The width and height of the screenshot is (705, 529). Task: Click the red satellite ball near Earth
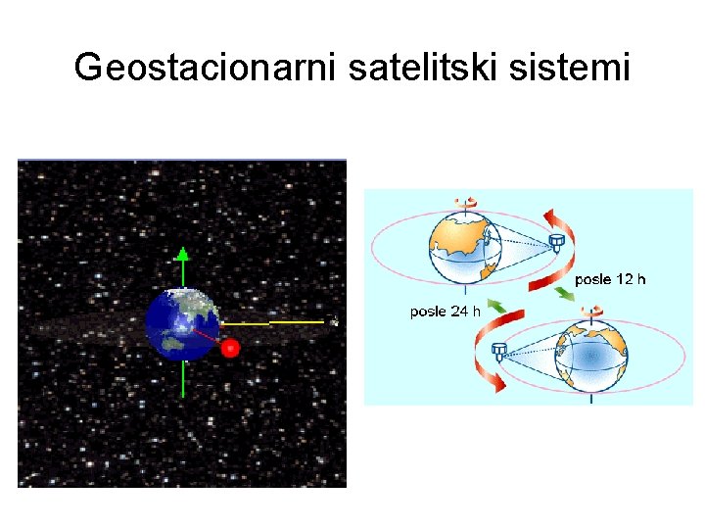(230, 348)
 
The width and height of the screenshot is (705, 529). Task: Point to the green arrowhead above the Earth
(182, 254)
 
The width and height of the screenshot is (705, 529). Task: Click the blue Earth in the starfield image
(182, 323)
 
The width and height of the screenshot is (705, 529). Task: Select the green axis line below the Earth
(183, 378)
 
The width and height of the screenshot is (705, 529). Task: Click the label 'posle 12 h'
(610, 279)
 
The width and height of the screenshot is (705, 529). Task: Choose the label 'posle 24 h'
(445, 312)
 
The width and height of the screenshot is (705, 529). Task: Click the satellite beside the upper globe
(556, 240)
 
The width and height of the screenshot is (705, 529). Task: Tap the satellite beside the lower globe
(499, 352)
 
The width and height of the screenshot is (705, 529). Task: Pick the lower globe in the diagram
(590, 357)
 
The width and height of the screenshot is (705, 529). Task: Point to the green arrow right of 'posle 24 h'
(498, 311)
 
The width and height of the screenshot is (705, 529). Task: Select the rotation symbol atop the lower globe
(590, 313)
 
